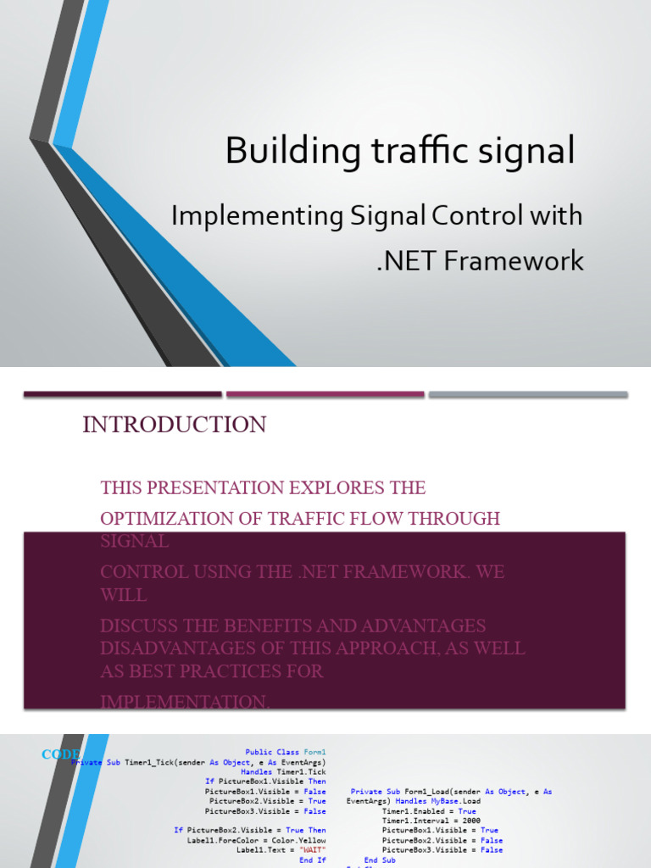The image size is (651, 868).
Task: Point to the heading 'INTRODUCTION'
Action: (174, 425)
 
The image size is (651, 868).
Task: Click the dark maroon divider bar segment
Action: (122, 394)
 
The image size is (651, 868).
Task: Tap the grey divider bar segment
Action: (527, 394)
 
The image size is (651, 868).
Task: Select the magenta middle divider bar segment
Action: (325, 394)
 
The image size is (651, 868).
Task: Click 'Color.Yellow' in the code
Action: (298, 840)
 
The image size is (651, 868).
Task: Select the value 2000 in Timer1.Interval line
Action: (471, 821)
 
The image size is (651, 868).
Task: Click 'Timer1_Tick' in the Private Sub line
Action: (147, 762)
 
